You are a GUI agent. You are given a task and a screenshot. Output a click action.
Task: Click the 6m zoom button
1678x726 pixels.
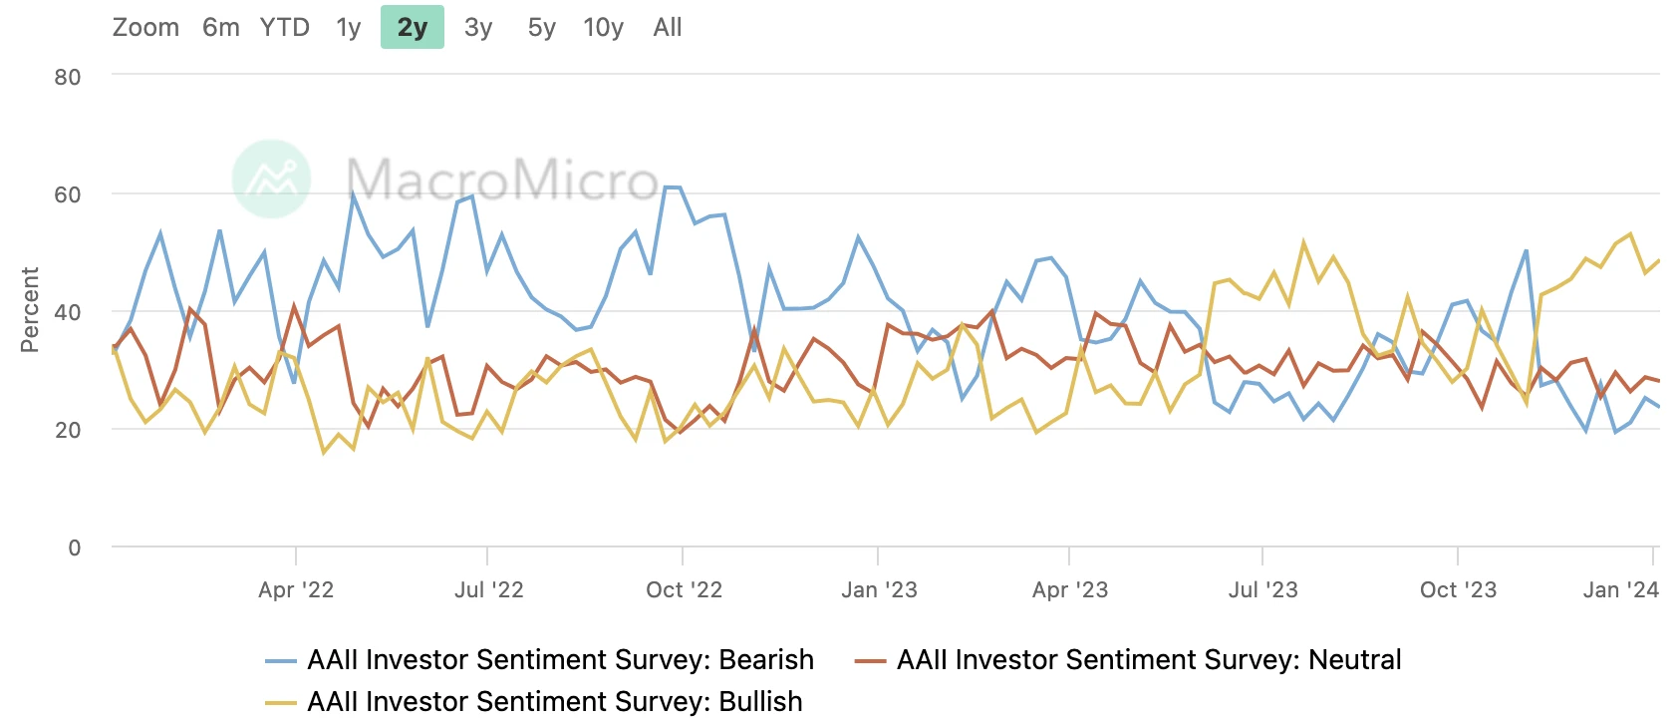click(x=220, y=28)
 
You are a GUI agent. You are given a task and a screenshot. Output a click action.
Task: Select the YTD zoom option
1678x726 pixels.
click(x=284, y=28)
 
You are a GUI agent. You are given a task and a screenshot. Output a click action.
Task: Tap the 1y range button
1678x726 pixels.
click(x=348, y=28)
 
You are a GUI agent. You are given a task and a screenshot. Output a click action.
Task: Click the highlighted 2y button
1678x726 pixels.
click(x=412, y=28)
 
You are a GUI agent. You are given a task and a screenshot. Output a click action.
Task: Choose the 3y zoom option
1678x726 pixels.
click(x=478, y=28)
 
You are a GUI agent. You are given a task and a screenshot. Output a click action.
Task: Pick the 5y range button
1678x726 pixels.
click(x=541, y=28)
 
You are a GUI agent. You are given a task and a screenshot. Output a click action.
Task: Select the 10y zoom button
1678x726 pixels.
click(x=603, y=28)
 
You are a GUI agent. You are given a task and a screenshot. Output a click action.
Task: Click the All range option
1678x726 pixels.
click(x=668, y=28)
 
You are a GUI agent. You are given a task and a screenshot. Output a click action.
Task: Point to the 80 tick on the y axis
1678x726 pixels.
click(x=68, y=78)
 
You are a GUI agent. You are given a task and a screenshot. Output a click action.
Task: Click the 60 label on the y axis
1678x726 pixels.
click(x=68, y=195)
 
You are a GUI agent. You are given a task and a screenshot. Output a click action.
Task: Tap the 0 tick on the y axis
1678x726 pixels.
click(x=75, y=547)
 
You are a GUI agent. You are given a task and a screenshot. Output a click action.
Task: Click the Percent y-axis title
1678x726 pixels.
click(x=30, y=309)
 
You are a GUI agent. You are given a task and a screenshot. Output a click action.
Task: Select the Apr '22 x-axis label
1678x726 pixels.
click(x=296, y=590)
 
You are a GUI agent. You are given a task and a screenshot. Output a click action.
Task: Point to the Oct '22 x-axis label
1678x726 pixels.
click(x=684, y=590)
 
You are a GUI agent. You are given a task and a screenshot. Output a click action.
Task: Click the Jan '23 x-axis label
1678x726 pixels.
click(x=879, y=590)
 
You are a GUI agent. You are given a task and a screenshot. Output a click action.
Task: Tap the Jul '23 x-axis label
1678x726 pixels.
click(x=1262, y=590)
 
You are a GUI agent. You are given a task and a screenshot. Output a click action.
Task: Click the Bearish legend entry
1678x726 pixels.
click(x=560, y=660)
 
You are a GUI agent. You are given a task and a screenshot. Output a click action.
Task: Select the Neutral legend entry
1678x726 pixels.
click(x=1148, y=660)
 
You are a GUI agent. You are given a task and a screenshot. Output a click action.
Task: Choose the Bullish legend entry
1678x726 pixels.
click(x=554, y=702)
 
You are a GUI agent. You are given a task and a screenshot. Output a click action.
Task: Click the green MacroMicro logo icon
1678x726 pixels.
click(x=271, y=180)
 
